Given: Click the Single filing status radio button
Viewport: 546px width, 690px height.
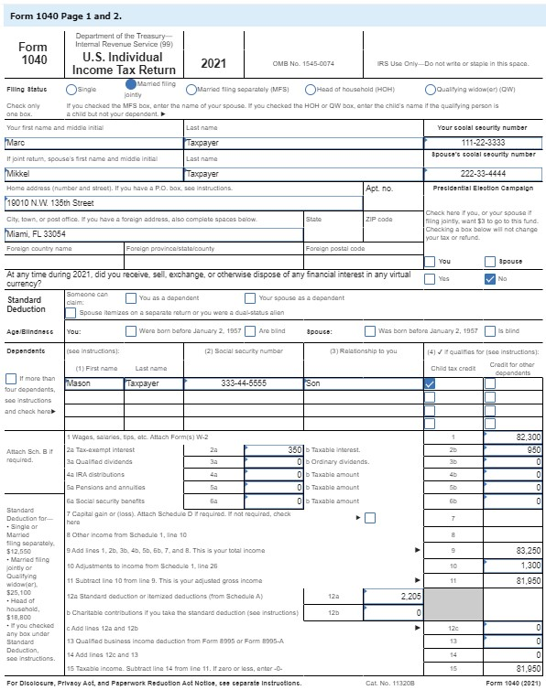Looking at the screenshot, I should coord(71,89).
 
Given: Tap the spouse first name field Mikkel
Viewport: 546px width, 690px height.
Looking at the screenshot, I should coord(92,173).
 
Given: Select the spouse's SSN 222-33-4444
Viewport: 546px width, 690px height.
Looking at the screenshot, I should coord(483,173).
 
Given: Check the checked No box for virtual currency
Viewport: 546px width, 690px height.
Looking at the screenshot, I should coord(489,278).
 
